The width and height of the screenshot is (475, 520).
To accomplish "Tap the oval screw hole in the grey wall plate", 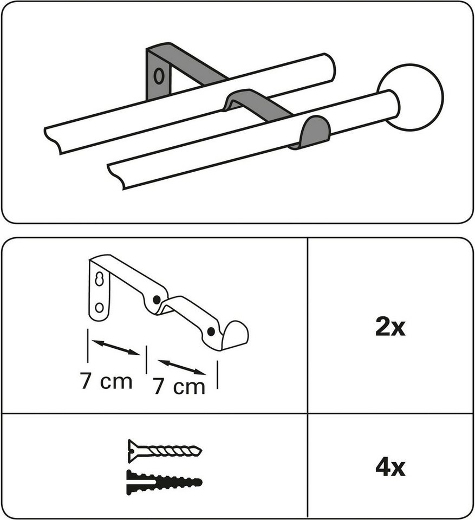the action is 159,76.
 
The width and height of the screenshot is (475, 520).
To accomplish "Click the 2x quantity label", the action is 391,327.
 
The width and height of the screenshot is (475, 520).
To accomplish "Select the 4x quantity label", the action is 391,467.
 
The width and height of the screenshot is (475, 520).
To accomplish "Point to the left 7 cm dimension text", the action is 106,381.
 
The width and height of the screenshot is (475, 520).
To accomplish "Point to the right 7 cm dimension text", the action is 179,387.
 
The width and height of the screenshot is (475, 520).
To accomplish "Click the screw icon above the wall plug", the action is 165,451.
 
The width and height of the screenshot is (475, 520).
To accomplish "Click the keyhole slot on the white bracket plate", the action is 99,279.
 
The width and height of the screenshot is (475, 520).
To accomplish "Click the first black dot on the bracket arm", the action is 157,300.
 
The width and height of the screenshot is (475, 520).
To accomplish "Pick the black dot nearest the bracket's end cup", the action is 210,331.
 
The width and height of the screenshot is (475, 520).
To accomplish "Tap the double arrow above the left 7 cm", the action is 116,347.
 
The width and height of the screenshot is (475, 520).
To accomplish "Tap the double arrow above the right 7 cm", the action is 182,367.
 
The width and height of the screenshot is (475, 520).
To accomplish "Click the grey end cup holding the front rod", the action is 314,132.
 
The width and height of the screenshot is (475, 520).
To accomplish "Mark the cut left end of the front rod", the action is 116,176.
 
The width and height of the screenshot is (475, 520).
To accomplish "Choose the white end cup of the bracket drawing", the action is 235,334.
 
